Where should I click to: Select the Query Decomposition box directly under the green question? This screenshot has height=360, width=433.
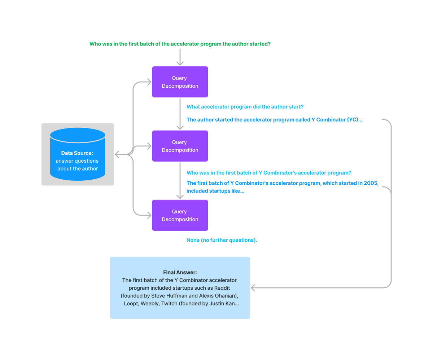(x=180, y=82)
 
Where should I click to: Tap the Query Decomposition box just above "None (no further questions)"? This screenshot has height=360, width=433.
(x=180, y=215)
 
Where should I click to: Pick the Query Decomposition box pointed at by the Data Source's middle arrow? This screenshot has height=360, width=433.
(x=180, y=146)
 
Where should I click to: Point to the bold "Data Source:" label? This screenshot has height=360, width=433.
(x=77, y=153)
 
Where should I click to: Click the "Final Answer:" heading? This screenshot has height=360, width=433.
(x=180, y=272)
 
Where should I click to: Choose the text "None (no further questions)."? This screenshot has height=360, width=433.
(x=222, y=240)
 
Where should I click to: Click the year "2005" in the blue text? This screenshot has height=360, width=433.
(x=372, y=183)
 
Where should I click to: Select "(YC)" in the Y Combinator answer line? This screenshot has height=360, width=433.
(x=354, y=120)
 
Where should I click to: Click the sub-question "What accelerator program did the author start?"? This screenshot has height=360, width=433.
(x=245, y=107)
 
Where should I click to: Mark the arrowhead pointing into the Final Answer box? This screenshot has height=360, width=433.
(x=253, y=288)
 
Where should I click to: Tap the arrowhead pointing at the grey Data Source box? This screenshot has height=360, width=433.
(x=117, y=154)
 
